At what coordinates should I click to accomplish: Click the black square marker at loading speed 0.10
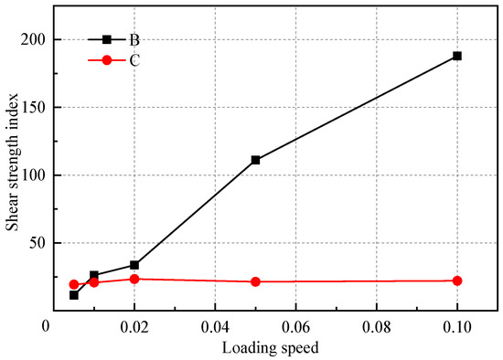(x=457, y=56)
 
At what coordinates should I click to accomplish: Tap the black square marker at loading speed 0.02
(x=134, y=265)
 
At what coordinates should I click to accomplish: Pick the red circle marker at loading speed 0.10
(x=457, y=281)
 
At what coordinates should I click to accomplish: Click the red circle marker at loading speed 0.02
(x=134, y=279)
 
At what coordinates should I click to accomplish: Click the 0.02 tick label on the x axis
(x=134, y=326)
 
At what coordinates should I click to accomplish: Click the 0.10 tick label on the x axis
(x=457, y=326)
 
